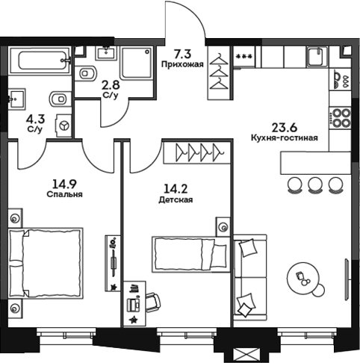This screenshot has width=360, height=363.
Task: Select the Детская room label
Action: pos(176,200)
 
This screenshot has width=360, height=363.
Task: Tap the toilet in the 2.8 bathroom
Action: pos(86,73)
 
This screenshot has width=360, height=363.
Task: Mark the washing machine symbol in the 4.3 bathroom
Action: pos(65,126)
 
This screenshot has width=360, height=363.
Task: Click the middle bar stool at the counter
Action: pos(314,183)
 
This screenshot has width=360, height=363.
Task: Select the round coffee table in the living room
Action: pos(305,278)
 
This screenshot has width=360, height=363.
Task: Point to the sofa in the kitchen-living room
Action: pos(250,276)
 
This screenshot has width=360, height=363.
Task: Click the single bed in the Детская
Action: pos(190,252)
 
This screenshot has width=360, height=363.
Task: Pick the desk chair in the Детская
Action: pos(152,300)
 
